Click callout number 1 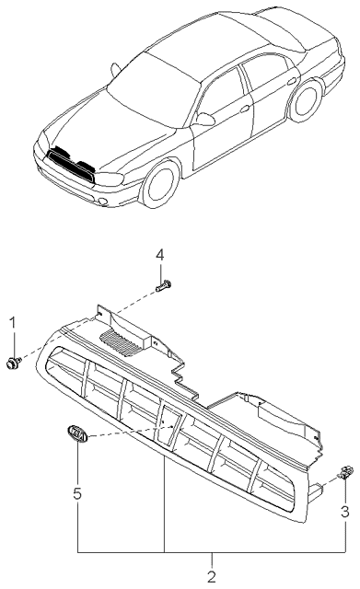tap(13, 323)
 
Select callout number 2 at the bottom tap(212, 577)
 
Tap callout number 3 tap(344, 512)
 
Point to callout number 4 tap(160, 256)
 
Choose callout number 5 tap(77, 493)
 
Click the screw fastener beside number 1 tap(14, 363)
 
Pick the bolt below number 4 tap(163, 286)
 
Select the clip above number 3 tap(345, 472)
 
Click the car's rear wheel tap(306, 101)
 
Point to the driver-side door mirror tap(205, 119)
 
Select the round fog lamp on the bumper tap(102, 202)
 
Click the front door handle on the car tap(245, 109)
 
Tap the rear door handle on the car tap(291, 81)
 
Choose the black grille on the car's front tap(70, 166)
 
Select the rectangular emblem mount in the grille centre tap(168, 424)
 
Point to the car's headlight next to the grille tap(110, 179)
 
